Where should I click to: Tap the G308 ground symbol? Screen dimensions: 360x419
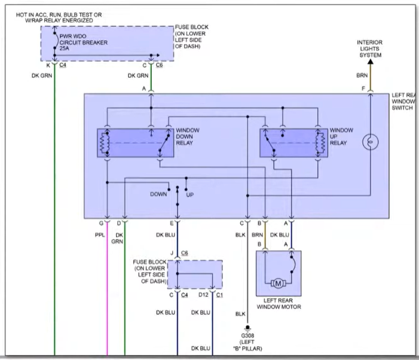(x=244, y=327)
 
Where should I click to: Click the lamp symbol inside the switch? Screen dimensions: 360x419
(x=370, y=142)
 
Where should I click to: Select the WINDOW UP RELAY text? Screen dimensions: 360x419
(x=341, y=136)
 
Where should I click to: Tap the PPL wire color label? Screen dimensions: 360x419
(x=99, y=235)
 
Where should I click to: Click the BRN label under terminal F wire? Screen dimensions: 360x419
(x=362, y=76)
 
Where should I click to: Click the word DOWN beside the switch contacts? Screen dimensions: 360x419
(x=158, y=194)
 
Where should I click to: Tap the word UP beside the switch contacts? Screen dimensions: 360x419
(x=190, y=194)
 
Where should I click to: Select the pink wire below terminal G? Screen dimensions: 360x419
(x=107, y=287)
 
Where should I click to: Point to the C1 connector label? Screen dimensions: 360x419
(x=219, y=295)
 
